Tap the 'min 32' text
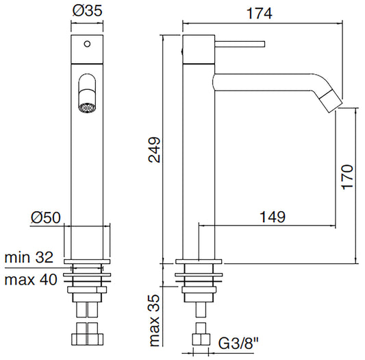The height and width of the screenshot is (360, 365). tap(29, 258)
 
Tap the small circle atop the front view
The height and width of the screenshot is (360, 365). tap(86, 45)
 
